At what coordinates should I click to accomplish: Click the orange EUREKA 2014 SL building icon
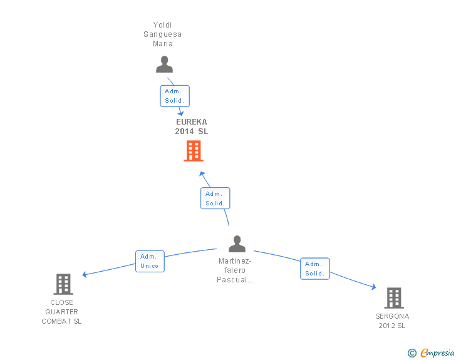click(194, 151)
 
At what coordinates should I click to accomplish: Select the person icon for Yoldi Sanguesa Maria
click(164, 64)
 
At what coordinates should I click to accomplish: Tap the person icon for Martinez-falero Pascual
click(237, 244)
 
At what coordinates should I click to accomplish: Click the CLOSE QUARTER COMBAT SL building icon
click(63, 284)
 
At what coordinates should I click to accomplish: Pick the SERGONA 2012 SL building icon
click(394, 298)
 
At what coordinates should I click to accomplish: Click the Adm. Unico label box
click(150, 262)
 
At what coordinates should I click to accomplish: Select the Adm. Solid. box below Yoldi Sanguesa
click(175, 96)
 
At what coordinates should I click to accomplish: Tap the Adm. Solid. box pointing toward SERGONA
click(315, 269)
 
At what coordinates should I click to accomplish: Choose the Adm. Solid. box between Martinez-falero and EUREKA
click(215, 198)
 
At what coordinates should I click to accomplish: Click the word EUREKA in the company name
click(192, 122)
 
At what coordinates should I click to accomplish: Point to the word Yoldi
click(162, 25)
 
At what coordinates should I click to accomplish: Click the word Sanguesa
click(163, 34)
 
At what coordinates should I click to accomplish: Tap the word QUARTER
click(61, 312)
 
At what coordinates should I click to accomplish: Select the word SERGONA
click(392, 316)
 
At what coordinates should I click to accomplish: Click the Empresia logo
click(437, 353)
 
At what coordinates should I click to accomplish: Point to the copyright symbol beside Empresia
click(412, 353)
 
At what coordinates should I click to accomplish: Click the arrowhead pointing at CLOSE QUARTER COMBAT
click(85, 274)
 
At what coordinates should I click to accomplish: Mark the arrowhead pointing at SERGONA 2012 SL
click(374, 287)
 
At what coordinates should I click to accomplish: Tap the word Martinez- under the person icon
click(235, 261)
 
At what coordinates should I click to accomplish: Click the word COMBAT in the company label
click(56, 321)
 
